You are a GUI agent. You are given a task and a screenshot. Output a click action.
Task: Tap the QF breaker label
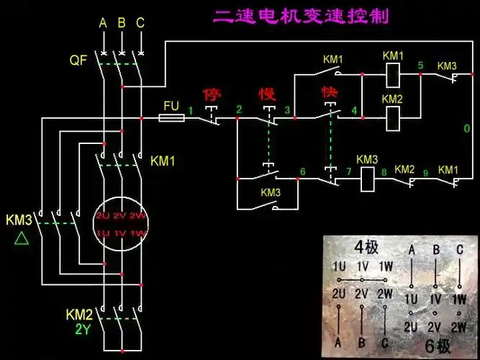click(x=78, y=60)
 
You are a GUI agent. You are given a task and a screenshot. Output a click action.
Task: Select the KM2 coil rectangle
click(x=393, y=117)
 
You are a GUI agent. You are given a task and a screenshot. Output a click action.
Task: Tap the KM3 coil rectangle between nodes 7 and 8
click(x=367, y=179)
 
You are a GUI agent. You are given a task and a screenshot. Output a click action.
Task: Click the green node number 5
click(x=421, y=66)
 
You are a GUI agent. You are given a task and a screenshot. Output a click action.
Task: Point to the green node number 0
click(x=466, y=128)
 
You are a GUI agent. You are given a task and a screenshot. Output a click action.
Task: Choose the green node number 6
click(x=302, y=171)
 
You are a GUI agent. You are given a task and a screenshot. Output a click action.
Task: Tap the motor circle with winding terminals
click(x=120, y=224)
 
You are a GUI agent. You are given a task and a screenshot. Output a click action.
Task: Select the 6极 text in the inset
click(x=438, y=345)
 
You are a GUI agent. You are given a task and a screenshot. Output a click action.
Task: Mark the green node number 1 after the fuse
click(x=191, y=109)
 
